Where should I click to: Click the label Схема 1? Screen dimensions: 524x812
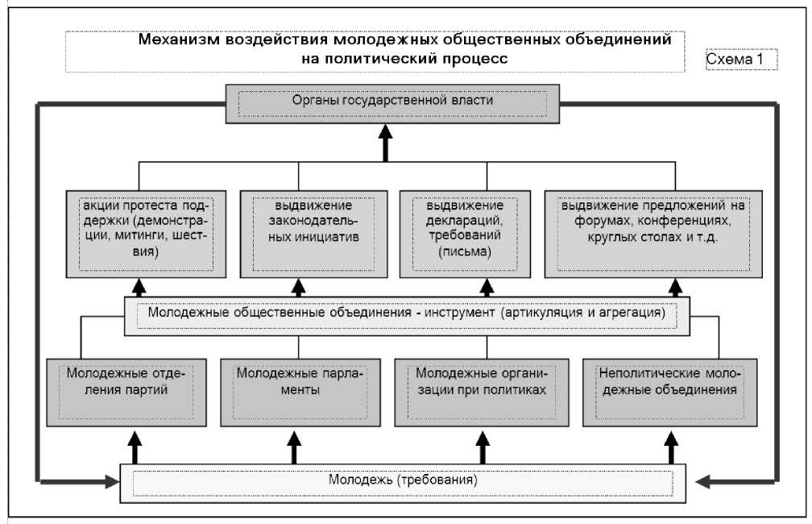739,59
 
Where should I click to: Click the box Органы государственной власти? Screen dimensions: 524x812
393,102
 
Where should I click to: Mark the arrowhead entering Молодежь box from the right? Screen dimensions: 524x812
702,481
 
